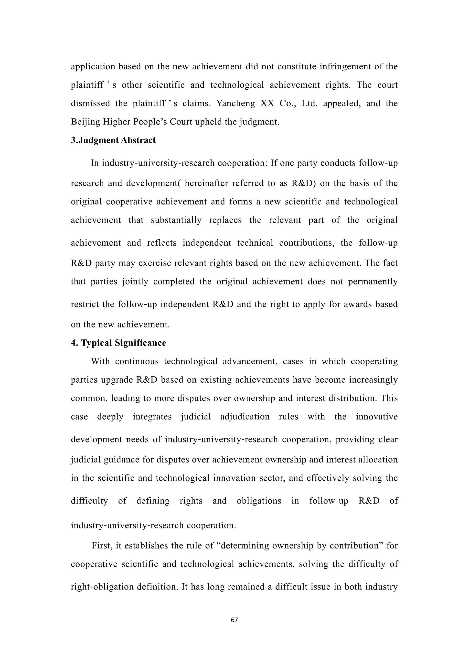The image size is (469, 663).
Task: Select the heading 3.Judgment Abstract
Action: [x=113, y=140]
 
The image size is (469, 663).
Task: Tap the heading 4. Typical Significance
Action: [x=118, y=343]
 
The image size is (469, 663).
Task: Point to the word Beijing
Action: [x=85, y=122]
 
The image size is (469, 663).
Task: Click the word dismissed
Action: [x=90, y=103]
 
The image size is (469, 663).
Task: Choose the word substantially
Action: [x=176, y=220]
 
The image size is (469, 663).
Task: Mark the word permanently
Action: [x=373, y=282]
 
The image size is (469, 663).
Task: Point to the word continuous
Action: [x=137, y=361]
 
